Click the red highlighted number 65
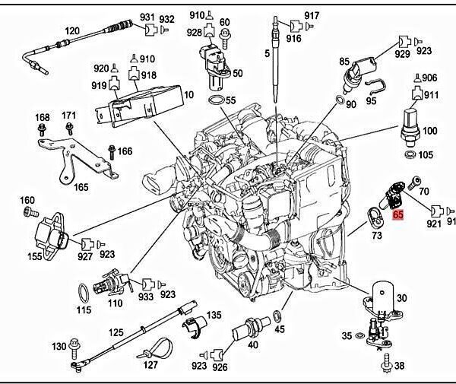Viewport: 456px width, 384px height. click(398, 215)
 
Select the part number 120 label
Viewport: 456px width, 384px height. click(72, 31)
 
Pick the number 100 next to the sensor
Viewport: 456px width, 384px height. click(430, 131)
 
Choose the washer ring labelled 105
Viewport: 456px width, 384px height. click(410, 155)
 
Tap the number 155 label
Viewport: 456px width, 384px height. click(35, 257)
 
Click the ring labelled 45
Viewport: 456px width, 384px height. click(278, 315)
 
